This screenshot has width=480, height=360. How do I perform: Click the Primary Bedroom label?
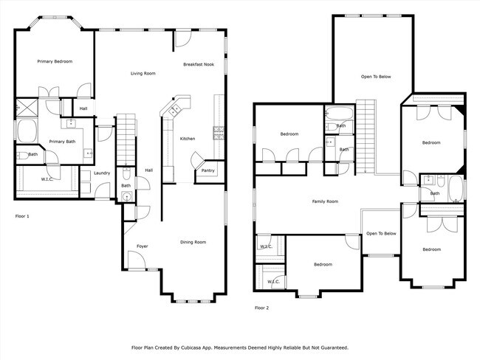coord(55,62)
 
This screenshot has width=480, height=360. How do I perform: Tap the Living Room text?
coord(143,74)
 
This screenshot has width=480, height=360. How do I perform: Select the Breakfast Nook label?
coord(199,65)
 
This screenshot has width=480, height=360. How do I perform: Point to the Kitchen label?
coord(188,139)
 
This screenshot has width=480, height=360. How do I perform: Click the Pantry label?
coord(208,171)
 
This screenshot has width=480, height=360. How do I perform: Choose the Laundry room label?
coord(102,173)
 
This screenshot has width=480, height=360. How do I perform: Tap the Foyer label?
coord(143,246)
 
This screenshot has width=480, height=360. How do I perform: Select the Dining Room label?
coord(193,242)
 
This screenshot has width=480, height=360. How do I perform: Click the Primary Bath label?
coord(62,142)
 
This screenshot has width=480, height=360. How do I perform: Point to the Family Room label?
coord(325,201)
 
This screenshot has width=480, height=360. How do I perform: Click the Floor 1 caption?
coord(23,216)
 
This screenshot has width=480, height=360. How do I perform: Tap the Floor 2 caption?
coord(261,308)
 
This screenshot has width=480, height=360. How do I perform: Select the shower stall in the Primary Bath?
coord(25,108)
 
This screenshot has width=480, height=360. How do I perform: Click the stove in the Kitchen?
coord(219,133)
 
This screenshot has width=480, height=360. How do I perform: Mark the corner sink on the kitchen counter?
coord(176,111)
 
